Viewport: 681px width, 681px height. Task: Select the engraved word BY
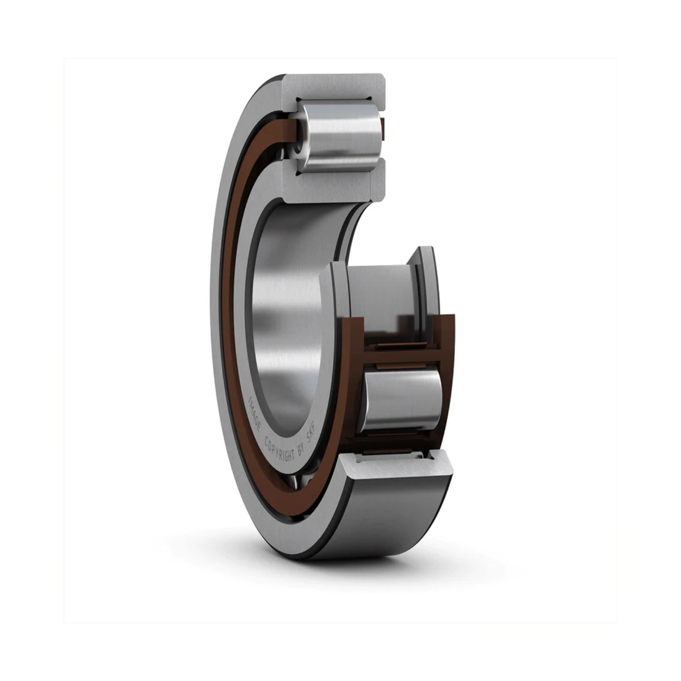point(302,454)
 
